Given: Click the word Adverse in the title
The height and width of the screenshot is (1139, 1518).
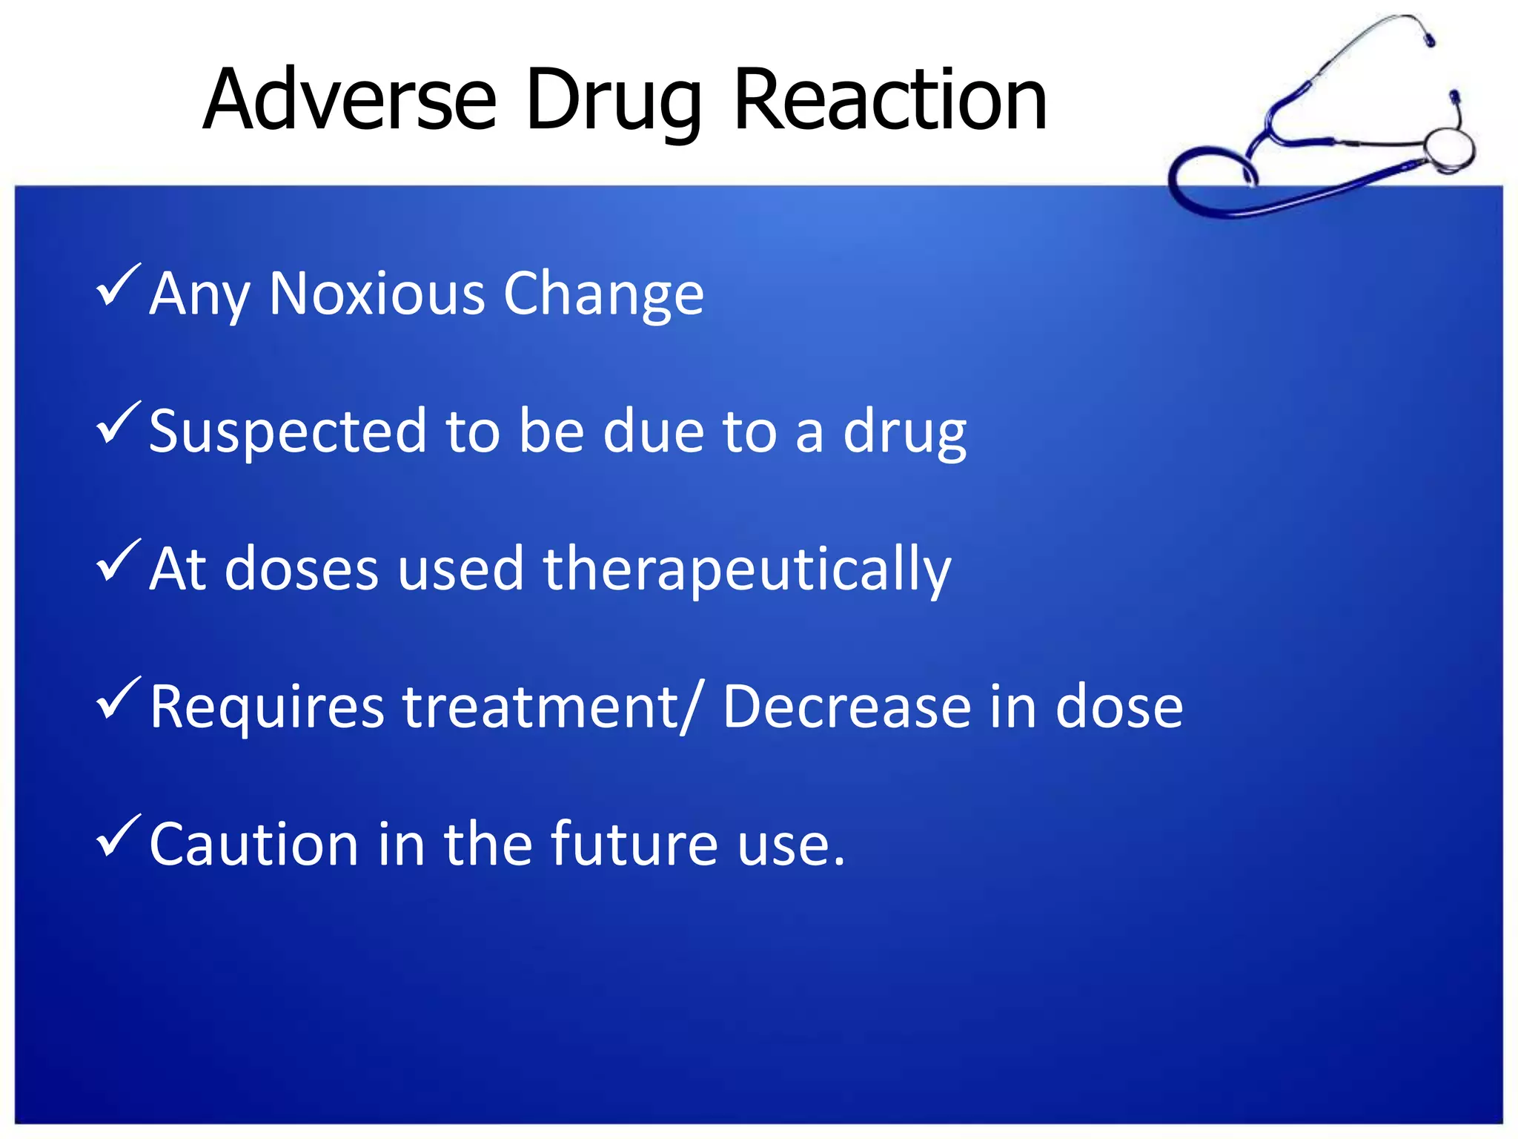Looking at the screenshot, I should point(350,99).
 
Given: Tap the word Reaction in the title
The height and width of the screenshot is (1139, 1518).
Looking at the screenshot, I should point(889,99).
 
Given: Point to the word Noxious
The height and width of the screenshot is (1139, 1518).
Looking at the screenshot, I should point(376,294).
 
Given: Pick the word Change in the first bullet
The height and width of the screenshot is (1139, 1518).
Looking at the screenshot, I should point(603,295).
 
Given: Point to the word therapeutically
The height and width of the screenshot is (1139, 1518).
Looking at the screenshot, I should point(747,569).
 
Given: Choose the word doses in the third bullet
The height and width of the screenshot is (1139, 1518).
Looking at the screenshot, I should point(302,569).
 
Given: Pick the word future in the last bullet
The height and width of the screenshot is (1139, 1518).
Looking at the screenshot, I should point(634,844).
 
